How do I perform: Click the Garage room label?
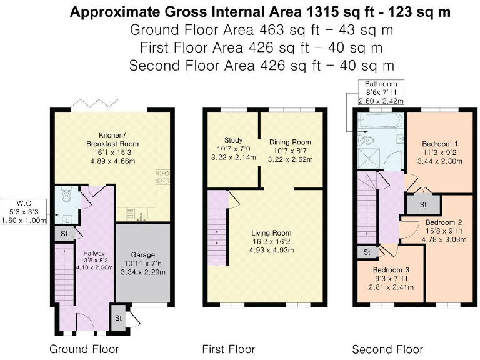pos(143,255)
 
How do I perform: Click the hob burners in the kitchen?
pos(163,177)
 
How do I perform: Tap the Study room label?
pos(234,140)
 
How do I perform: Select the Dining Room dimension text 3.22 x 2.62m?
pos(290,159)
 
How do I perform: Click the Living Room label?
pos(271,233)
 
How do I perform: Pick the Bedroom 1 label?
pos(440,144)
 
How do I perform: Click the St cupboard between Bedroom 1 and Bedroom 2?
pos(423,204)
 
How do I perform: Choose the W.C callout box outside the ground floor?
pos(24,211)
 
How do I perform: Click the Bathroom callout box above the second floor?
pos(381,92)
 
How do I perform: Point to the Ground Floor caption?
pos(84,349)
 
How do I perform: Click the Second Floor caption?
pos(387,349)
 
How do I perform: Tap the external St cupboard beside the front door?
pos(118,317)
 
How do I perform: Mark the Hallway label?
pos(94,254)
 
